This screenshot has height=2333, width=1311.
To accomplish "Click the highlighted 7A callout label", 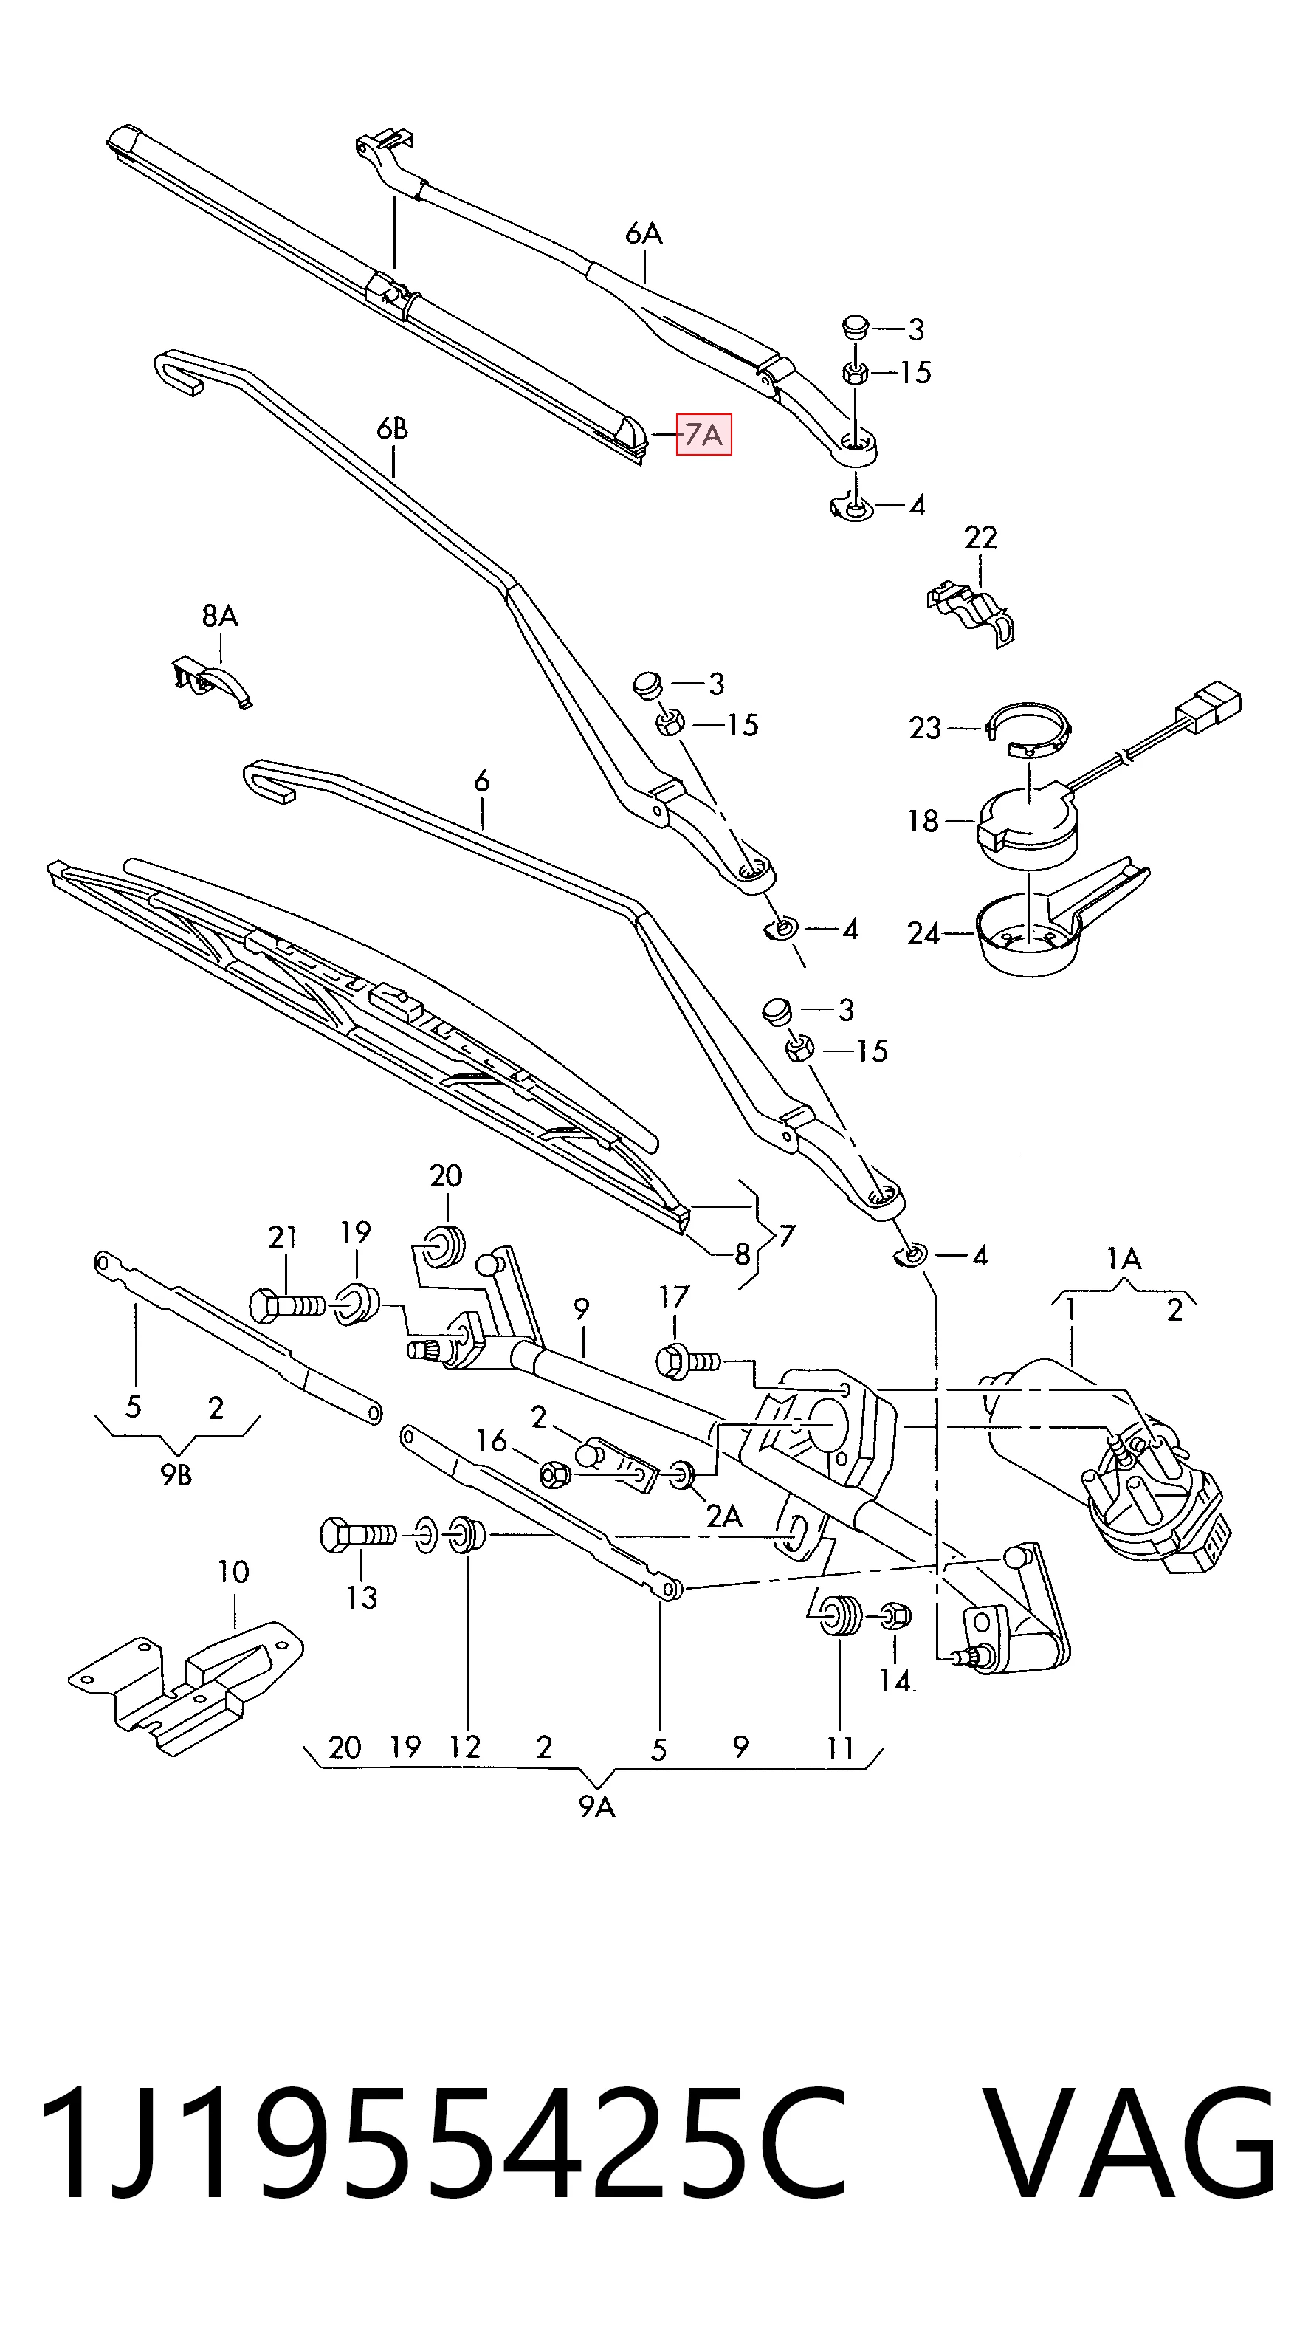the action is click(703, 435).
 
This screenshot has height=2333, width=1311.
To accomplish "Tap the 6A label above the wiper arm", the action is click(644, 233).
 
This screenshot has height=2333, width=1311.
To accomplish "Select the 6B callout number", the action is click(392, 428).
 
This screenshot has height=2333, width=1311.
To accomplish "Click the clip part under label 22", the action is click(971, 612).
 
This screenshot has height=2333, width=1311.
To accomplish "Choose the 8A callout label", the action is click(220, 616).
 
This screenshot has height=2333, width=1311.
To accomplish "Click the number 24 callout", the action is click(923, 933).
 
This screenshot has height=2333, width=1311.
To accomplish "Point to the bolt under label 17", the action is click(687, 1358).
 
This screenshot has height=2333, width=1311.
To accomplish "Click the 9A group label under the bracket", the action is click(596, 1807).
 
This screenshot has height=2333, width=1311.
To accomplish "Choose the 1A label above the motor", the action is click(1124, 1259).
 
